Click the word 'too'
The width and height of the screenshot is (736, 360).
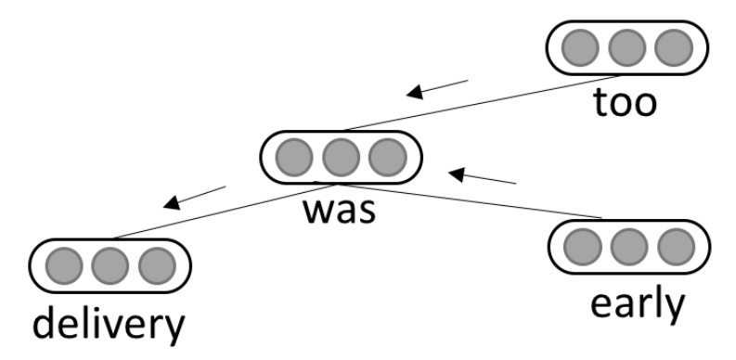click(626, 101)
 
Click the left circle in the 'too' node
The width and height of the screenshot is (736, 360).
click(583, 45)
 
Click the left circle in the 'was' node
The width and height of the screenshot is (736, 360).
click(296, 156)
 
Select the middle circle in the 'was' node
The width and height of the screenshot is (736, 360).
click(341, 156)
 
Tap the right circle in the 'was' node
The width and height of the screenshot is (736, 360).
click(385, 156)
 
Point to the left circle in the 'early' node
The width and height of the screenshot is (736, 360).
click(583, 245)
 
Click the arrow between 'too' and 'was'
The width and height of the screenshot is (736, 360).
click(438, 88)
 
